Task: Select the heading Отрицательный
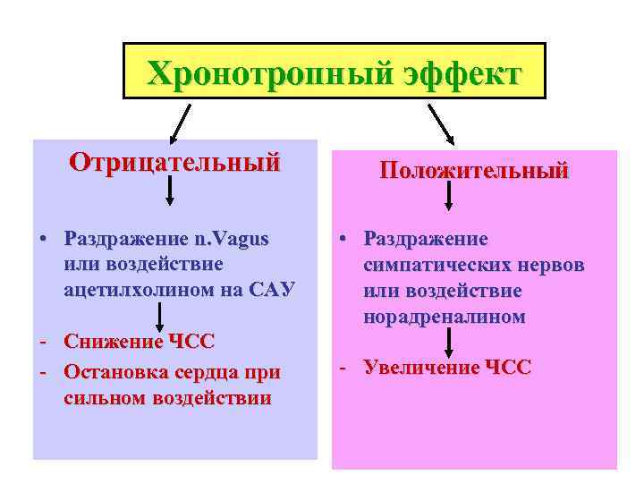tap(174, 163)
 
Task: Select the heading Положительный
tap(474, 170)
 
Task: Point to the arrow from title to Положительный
tap(441, 123)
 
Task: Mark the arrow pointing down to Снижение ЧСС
tap(160, 317)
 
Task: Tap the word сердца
tap(214, 371)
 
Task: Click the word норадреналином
tap(445, 317)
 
